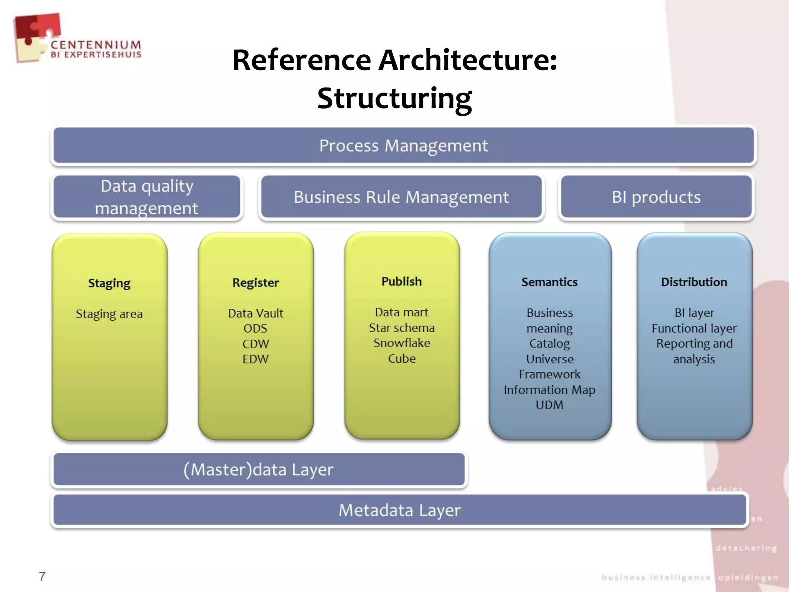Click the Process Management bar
tap(403, 146)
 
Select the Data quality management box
tap(146, 197)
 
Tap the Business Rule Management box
tap(401, 197)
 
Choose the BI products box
tap(656, 197)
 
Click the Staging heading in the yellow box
tap(109, 283)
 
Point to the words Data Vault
tap(255, 313)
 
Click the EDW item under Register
tap(255, 359)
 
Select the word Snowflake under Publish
tap(401, 343)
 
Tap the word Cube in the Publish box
tap(401, 358)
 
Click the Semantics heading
tap(549, 282)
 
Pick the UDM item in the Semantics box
tap(549, 405)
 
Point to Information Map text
tap(549, 390)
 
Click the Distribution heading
tap(694, 282)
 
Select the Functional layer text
tap(694, 328)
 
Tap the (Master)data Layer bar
tap(259, 469)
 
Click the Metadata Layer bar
tap(400, 510)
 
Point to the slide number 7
tap(42, 577)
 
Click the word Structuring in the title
tap(394, 98)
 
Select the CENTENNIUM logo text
tap(96, 45)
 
